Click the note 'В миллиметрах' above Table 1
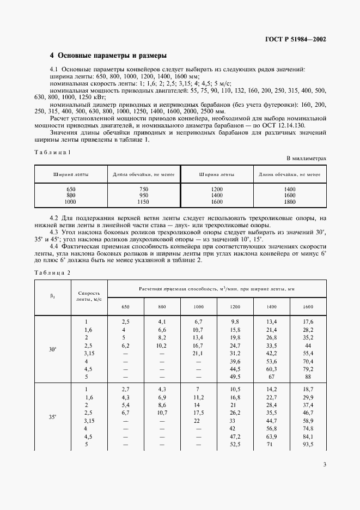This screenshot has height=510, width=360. point(307,158)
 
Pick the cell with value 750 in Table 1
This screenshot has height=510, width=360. point(143,189)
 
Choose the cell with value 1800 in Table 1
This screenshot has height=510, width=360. point(289,202)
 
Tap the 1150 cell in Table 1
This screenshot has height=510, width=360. point(143,202)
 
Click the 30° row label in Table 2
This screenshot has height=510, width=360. point(53,349)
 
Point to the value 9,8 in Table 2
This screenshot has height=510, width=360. point(235,321)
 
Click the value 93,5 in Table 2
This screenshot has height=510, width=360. point(308,444)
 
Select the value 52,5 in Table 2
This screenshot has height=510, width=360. point(235,444)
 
